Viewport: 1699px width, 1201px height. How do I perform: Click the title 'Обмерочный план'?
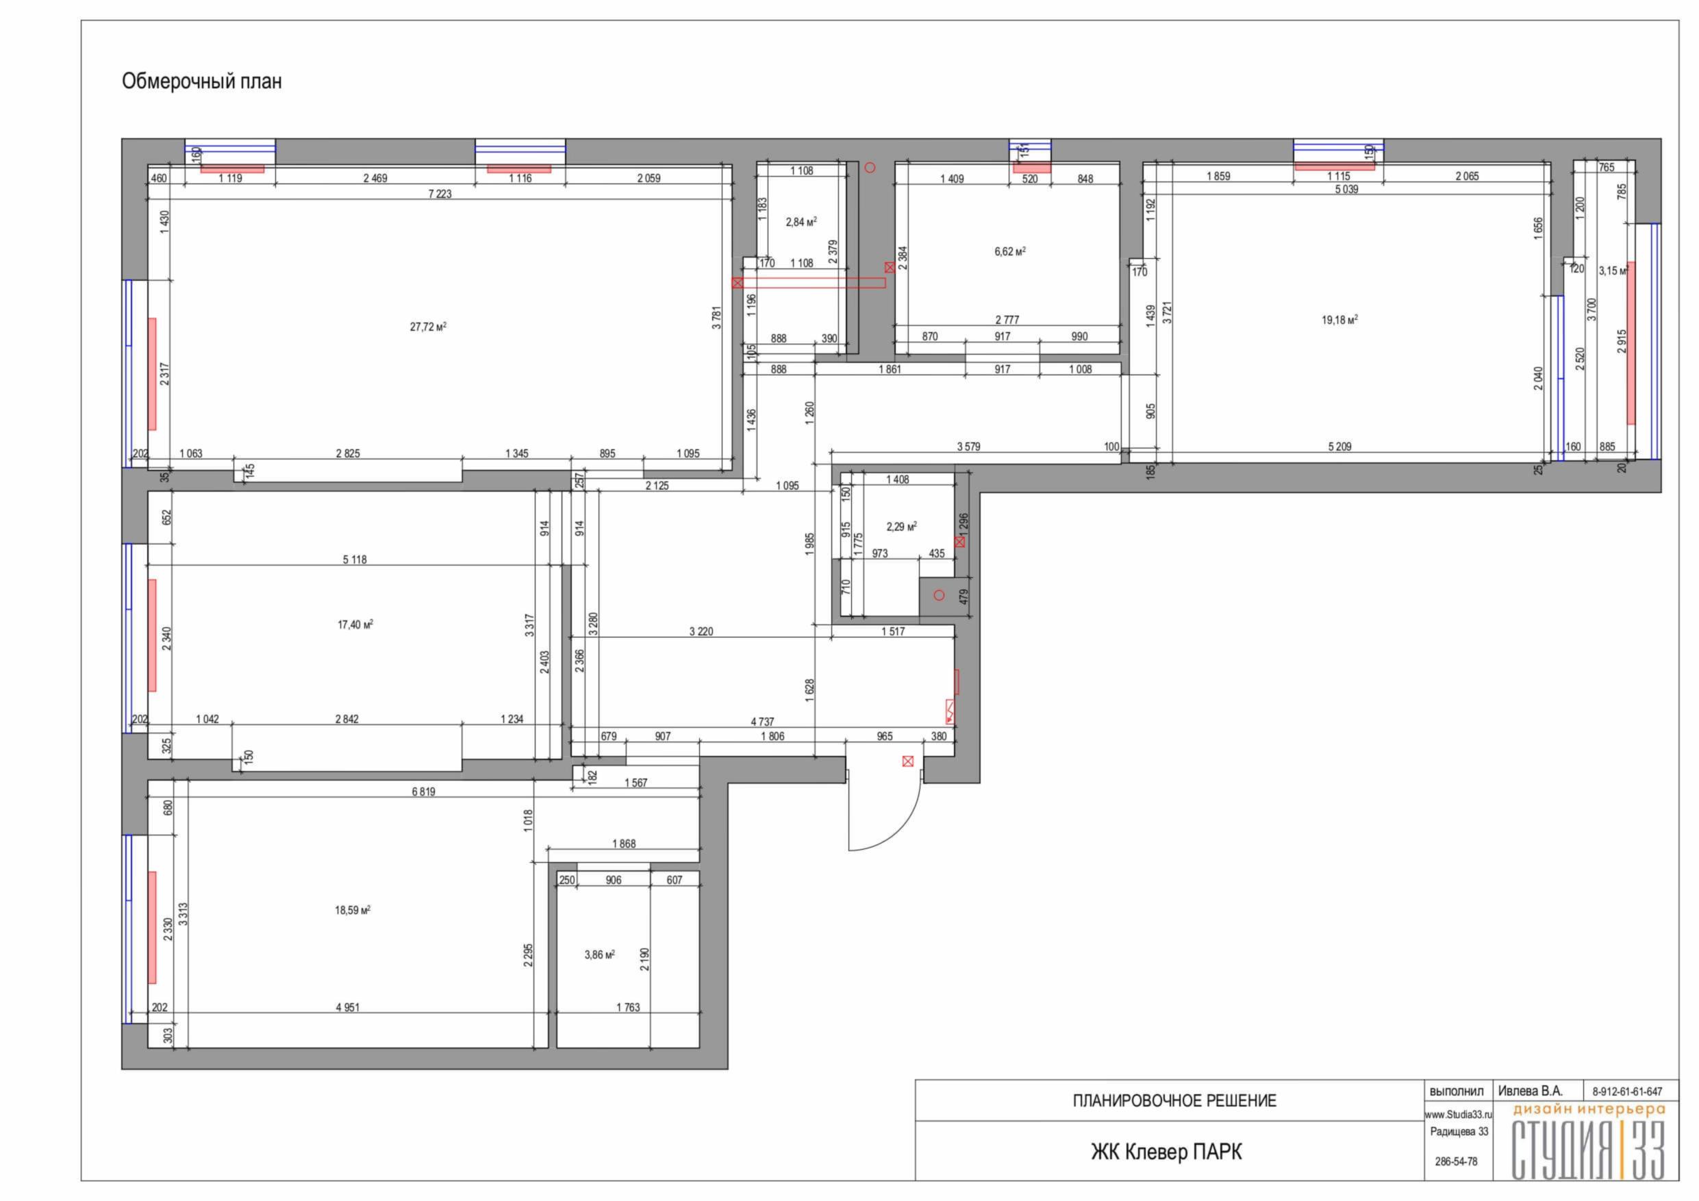201,81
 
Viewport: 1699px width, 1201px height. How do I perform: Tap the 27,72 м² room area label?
429,327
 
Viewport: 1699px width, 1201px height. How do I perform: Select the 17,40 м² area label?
355,624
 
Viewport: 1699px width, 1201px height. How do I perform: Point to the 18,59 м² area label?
352,910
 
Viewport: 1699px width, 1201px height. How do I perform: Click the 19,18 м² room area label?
1339,320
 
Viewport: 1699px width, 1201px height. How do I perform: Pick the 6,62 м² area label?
1010,251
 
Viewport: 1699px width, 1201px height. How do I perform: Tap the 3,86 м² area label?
599,955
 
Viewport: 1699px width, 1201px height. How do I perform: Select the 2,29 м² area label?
901,527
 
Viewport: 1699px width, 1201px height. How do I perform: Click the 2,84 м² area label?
801,221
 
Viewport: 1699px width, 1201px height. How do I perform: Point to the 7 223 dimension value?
440,194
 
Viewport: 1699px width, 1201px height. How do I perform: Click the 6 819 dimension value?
423,792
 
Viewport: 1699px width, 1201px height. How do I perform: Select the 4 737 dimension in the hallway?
762,722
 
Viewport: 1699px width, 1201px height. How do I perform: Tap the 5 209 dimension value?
1339,446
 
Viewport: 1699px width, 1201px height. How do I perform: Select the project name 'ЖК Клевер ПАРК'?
1167,1152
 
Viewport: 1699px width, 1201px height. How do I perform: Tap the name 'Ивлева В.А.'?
1531,1091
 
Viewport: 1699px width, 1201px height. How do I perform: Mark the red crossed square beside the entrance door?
908,761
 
